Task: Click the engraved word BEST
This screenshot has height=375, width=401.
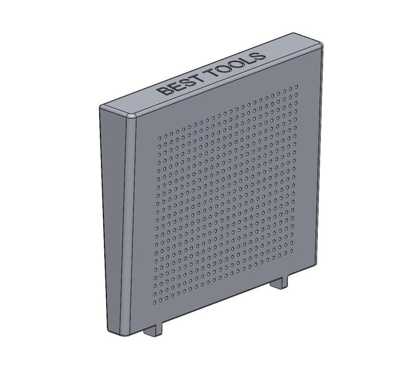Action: click(180, 84)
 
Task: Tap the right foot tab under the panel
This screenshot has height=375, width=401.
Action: click(280, 283)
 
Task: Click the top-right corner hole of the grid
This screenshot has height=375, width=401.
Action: click(296, 86)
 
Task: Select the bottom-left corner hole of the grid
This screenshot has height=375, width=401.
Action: click(154, 302)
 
